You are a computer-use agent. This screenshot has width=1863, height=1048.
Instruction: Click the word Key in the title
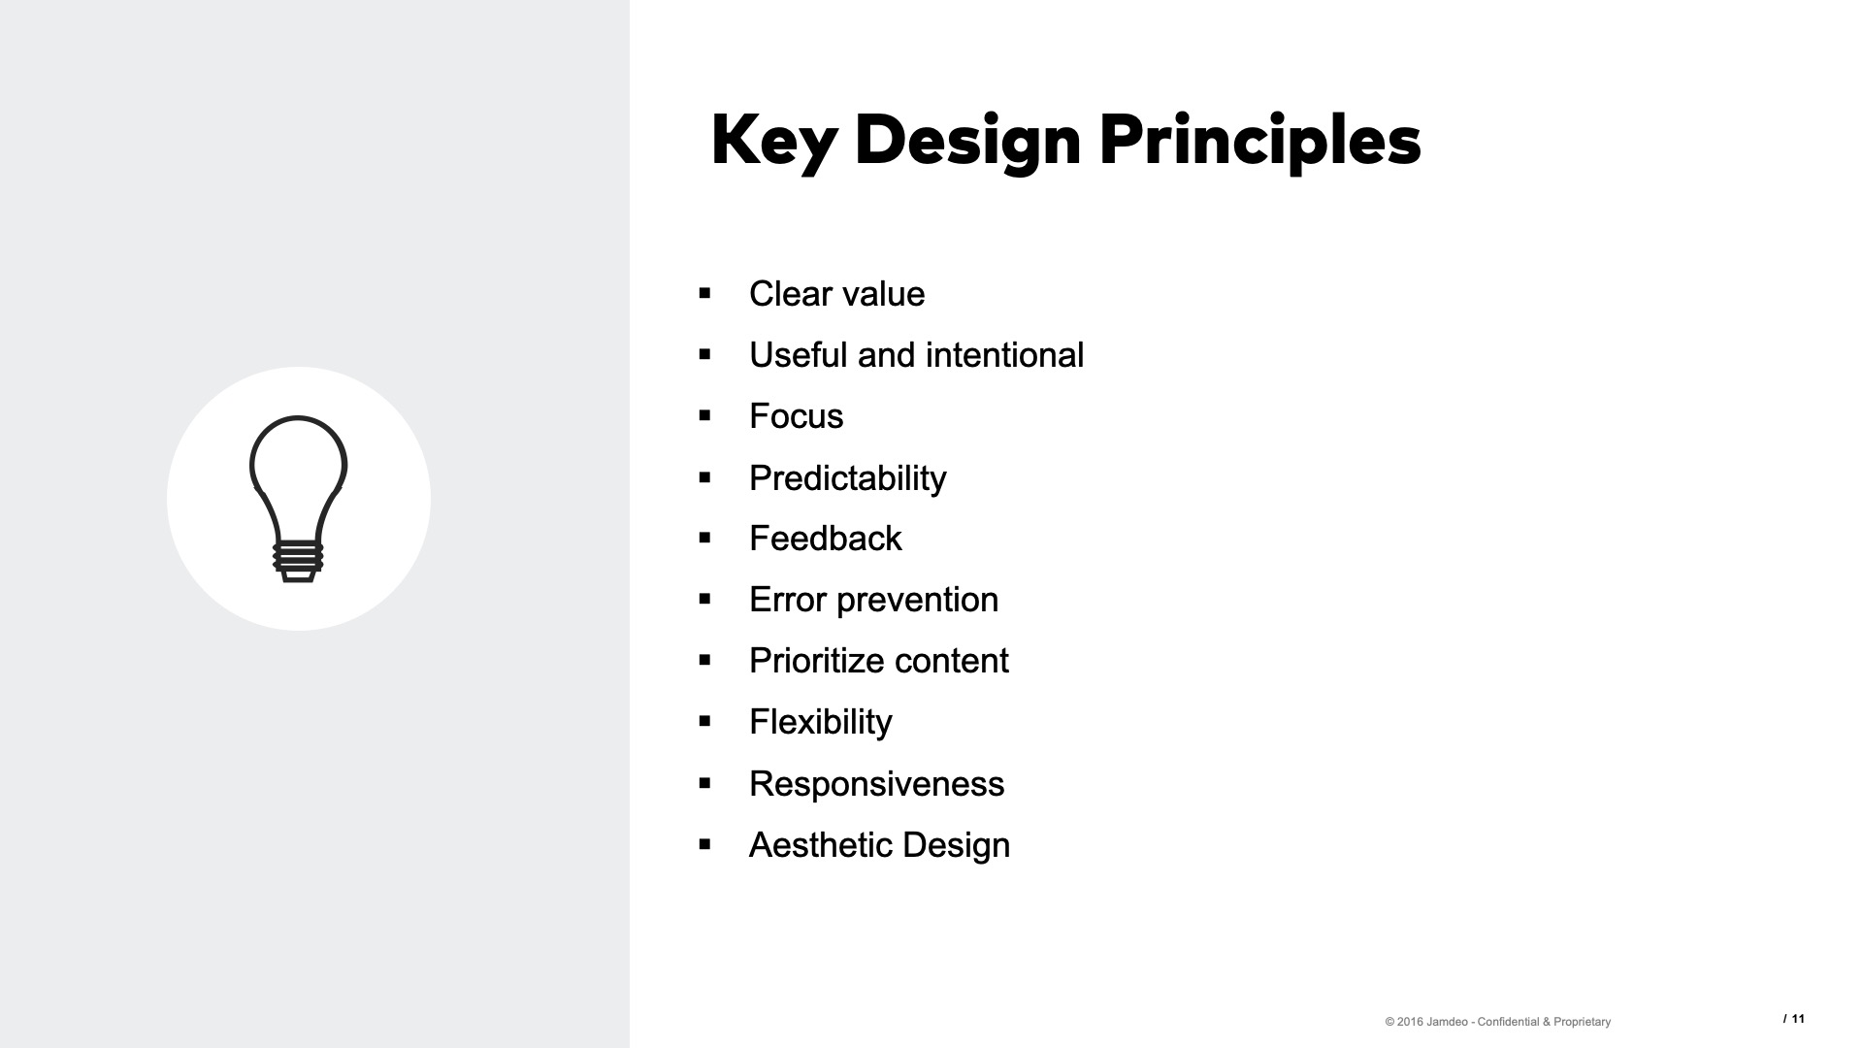click(x=773, y=141)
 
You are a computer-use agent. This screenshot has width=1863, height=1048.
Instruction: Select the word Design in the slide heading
click(x=967, y=141)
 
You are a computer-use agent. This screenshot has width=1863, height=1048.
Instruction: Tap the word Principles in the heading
click(x=1259, y=141)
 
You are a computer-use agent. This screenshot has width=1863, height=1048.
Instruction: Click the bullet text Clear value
click(x=836, y=294)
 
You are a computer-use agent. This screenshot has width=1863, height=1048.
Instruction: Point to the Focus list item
click(x=796, y=416)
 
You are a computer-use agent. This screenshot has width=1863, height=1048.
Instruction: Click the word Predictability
click(x=847, y=478)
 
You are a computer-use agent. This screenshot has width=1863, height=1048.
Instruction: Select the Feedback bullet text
click(x=825, y=539)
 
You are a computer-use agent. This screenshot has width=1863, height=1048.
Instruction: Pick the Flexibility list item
click(x=820, y=722)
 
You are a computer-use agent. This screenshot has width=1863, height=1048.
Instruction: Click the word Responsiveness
click(x=876, y=784)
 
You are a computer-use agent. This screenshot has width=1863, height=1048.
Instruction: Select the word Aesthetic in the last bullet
click(x=821, y=845)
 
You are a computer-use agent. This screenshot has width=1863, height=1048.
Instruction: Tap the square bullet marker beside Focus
click(x=705, y=416)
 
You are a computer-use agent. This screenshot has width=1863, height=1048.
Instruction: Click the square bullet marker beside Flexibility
click(x=705, y=722)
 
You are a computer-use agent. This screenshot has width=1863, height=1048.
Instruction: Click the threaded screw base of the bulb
click(x=298, y=559)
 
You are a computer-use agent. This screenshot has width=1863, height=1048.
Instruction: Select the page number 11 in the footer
click(x=1798, y=1019)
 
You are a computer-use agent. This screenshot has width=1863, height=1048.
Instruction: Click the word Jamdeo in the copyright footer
click(x=1447, y=1022)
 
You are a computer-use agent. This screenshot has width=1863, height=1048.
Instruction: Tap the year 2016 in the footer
click(x=1410, y=1022)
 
